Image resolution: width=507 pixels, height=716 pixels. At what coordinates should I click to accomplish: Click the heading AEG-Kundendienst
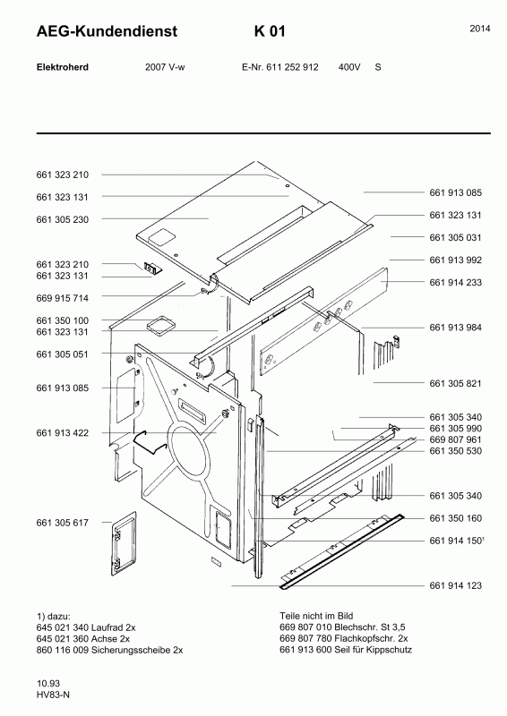click(x=107, y=31)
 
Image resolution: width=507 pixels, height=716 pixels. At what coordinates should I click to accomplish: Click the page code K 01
click(x=270, y=31)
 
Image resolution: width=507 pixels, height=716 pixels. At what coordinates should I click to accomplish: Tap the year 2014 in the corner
click(x=480, y=29)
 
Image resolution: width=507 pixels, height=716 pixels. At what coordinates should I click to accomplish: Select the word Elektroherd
click(x=62, y=67)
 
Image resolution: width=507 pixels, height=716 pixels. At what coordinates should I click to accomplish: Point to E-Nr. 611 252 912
click(x=279, y=67)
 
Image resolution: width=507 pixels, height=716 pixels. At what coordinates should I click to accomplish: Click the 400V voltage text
click(x=349, y=67)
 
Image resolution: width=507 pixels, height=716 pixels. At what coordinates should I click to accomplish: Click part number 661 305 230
click(x=62, y=219)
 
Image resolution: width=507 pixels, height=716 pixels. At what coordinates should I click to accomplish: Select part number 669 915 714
click(x=62, y=298)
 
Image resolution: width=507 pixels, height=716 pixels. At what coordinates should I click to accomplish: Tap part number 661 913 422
click(x=62, y=433)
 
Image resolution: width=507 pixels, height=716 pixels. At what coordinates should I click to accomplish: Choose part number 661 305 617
click(x=62, y=523)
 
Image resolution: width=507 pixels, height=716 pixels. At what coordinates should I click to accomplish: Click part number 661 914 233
click(x=455, y=283)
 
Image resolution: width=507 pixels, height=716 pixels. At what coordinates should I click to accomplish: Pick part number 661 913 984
click(x=455, y=328)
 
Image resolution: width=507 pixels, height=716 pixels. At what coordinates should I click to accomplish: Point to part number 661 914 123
click(x=455, y=585)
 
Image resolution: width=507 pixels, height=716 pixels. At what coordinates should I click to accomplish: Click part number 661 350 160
click(x=455, y=518)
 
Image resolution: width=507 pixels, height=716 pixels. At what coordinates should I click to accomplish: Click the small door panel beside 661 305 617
click(x=124, y=543)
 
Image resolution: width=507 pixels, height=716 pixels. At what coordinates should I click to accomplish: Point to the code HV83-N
click(x=53, y=695)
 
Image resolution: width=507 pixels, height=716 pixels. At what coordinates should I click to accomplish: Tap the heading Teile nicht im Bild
click(x=316, y=616)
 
